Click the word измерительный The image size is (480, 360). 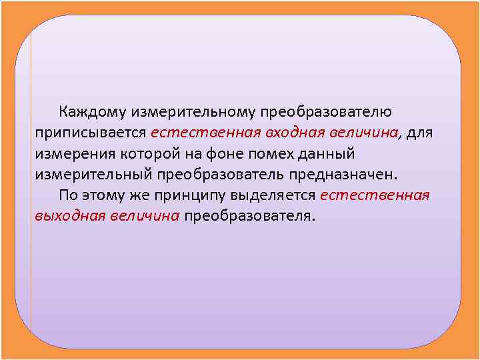(x=93, y=175)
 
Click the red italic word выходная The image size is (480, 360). (x=67, y=217)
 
